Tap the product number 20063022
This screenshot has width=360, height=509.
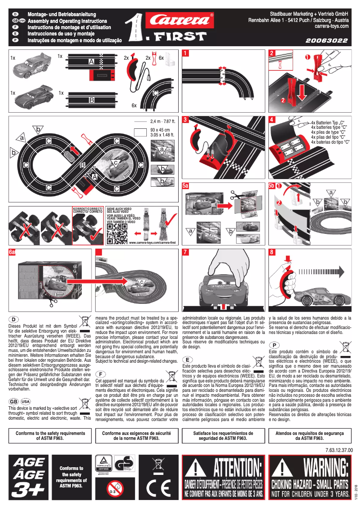tap(327, 41)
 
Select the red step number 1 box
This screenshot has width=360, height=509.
tap(186, 53)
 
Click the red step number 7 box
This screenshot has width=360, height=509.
tap(186, 253)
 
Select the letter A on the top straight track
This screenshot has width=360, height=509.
tap(92, 61)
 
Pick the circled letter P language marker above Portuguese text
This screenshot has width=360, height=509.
tap(274, 344)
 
